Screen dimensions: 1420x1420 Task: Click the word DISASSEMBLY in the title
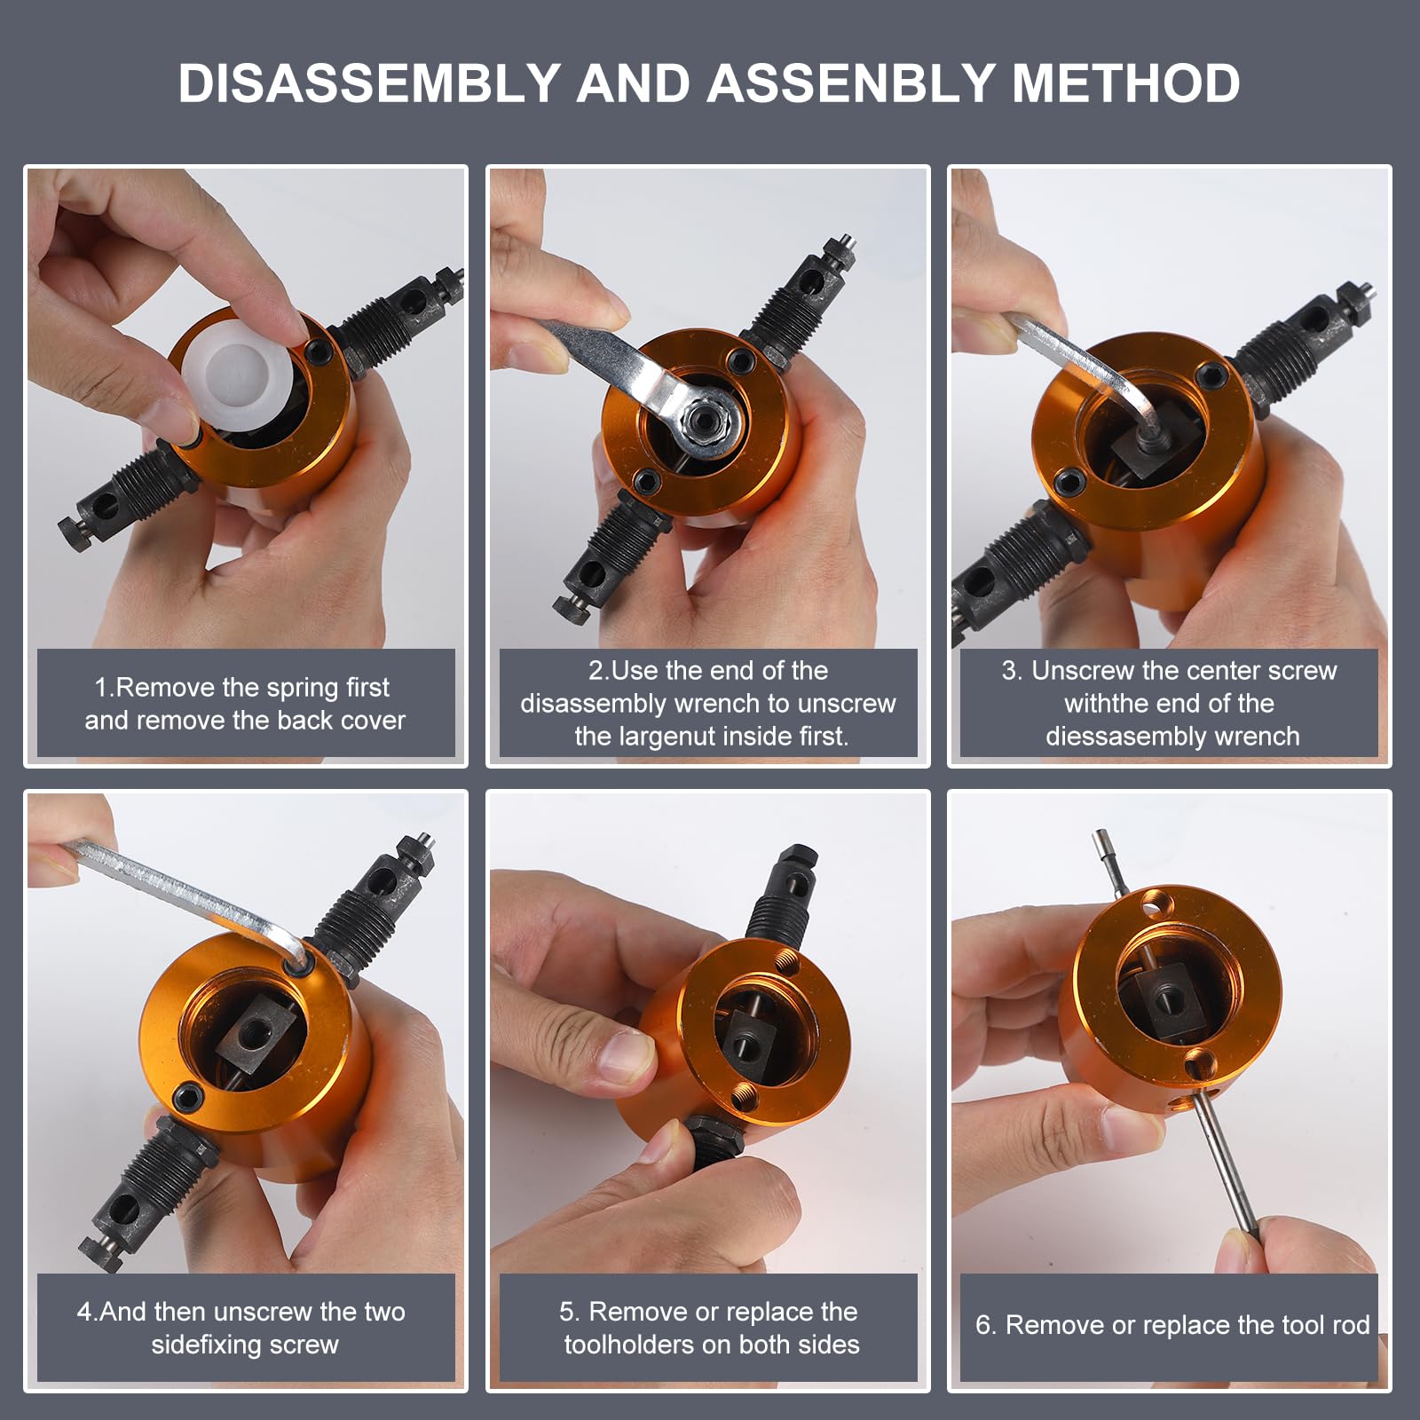pos(369,83)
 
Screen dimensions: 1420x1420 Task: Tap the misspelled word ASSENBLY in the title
pos(850,83)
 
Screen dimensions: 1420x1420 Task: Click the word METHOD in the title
pos(1125,83)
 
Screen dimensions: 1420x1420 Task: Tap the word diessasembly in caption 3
pos(1122,737)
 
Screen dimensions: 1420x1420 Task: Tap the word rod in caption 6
pos(1351,1325)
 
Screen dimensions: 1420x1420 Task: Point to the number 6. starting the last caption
pos(986,1325)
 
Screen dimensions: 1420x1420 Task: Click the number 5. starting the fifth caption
pos(570,1312)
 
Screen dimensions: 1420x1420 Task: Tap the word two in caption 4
pos(384,1312)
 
